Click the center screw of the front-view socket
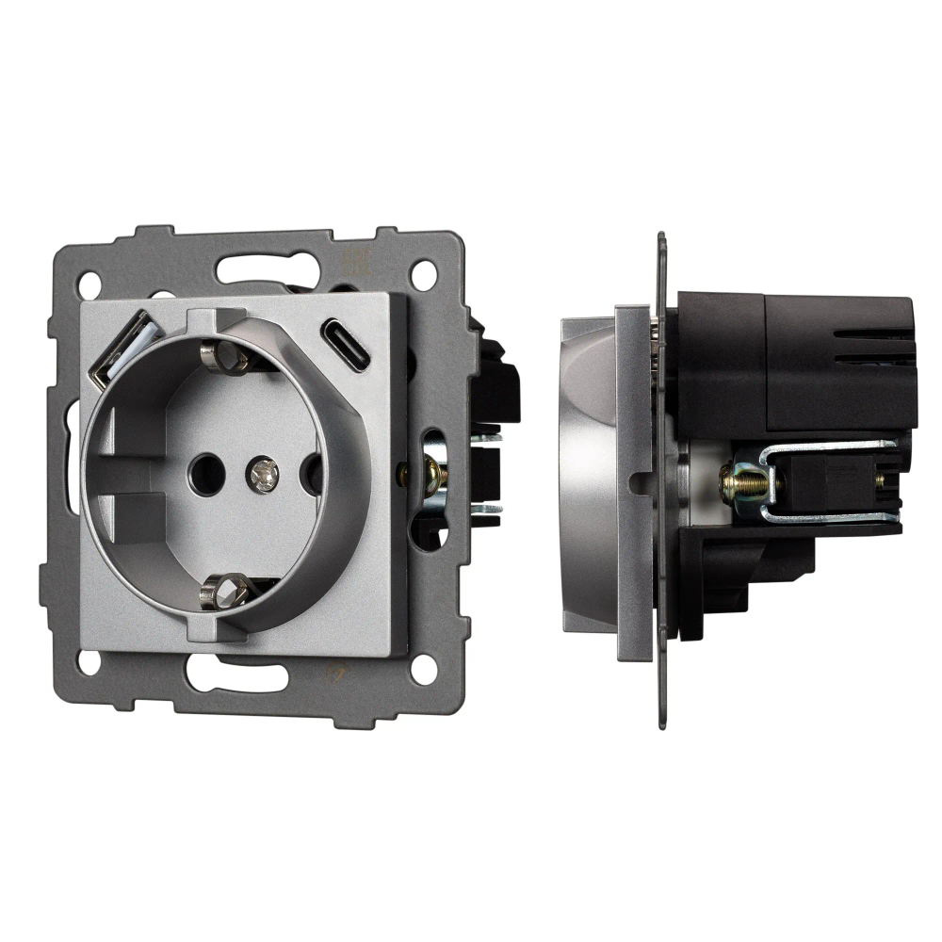263,474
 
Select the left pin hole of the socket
201,469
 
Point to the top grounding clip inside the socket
224,357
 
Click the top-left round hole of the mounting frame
89,282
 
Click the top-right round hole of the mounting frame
423,275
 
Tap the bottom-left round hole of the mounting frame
89,662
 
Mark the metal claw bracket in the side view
829,480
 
